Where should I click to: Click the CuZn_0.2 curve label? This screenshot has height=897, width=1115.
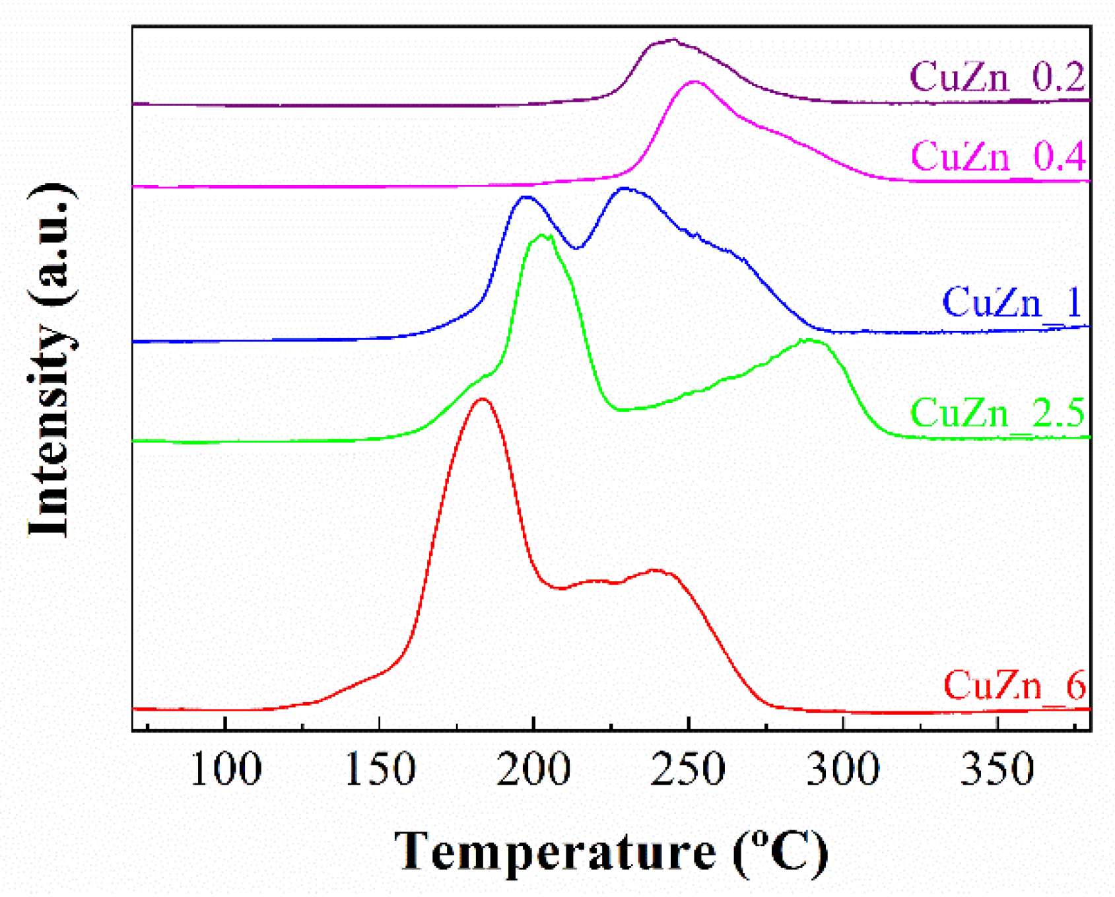click(x=997, y=77)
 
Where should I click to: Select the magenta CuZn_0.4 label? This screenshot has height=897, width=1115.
click(x=997, y=157)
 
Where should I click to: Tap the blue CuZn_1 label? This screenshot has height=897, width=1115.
click(x=1011, y=303)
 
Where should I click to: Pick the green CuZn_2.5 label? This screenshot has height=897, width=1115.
click(x=997, y=413)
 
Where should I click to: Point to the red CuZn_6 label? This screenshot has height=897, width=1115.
click(x=1014, y=685)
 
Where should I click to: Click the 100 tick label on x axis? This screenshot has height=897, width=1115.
click(x=226, y=770)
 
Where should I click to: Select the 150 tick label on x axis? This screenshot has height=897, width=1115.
click(x=380, y=770)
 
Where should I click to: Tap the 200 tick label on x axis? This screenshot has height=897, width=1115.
click(x=533, y=770)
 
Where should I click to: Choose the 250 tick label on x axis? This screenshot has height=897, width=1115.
click(x=688, y=770)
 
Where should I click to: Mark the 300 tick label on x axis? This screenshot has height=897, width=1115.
click(x=842, y=770)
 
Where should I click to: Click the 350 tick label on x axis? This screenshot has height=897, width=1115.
click(x=997, y=770)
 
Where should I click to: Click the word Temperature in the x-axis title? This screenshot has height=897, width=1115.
click(x=555, y=852)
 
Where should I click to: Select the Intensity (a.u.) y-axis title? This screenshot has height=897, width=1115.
click(x=50, y=360)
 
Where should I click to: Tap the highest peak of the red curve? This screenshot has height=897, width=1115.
click(x=482, y=399)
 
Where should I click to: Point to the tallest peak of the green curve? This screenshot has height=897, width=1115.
click(x=543, y=236)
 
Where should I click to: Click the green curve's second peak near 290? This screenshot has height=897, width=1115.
click(x=809, y=340)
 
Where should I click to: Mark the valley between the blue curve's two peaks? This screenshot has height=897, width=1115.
click(x=576, y=248)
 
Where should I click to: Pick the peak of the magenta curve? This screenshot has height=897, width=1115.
click(x=694, y=82)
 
